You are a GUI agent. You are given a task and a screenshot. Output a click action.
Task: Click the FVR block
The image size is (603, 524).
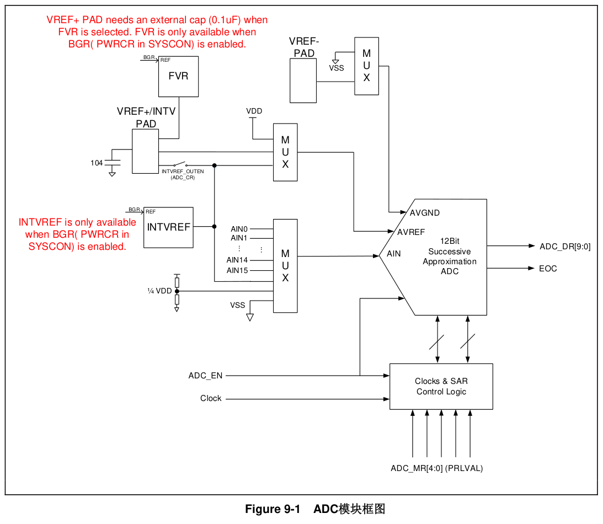pos(178,77)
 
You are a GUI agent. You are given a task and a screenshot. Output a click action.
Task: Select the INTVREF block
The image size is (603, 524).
pos(168,227)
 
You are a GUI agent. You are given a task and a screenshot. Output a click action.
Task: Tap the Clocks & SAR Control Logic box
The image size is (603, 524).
pos(441,386)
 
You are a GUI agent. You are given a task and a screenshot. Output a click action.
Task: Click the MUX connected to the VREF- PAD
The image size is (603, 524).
pos(366,66)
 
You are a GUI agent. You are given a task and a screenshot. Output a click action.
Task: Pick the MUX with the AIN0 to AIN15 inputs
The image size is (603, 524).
pos(285,266)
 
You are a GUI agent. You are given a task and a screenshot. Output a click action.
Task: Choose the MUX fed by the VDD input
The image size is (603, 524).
pos(285,152)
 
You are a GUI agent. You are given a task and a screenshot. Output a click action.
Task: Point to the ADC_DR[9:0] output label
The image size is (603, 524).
pos(564,247)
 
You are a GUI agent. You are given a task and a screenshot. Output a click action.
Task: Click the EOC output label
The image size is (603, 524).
pos(548,269)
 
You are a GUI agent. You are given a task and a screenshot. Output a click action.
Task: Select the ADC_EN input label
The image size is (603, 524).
pos(205,376)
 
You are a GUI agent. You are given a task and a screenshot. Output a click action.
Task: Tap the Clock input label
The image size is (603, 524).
pos(211,398)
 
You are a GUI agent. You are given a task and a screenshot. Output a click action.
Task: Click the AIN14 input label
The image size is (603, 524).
pos(237,260)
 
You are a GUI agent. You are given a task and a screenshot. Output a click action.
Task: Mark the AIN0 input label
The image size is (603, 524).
pos(239,229)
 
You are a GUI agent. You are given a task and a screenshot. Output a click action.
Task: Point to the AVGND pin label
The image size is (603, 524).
pos(424,213)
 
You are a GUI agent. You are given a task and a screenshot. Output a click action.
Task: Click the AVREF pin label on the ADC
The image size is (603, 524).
pos(411,232)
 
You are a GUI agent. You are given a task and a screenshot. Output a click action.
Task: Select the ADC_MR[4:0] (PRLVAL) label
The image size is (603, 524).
pos(436,468)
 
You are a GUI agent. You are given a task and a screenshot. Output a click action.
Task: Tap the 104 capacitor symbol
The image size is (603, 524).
pos(113,163)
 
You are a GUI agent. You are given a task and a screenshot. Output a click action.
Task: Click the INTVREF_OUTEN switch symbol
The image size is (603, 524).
pos(179,164)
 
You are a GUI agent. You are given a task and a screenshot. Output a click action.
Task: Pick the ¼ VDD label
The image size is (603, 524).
pos(159,291)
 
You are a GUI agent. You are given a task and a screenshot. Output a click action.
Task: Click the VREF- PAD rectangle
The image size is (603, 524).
pos(303,81)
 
